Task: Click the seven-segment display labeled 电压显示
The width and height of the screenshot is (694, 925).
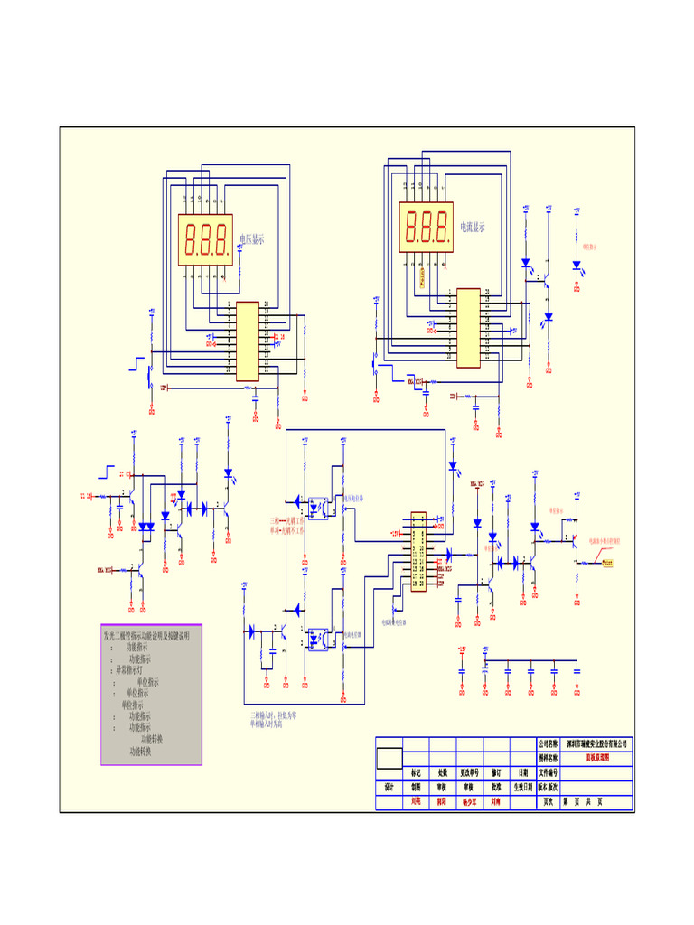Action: [205, 239]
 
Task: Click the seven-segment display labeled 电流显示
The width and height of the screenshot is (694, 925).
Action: [427, 227]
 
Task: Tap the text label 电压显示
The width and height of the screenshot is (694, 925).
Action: [252, 239]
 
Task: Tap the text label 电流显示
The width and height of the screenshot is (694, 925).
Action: [473, 228]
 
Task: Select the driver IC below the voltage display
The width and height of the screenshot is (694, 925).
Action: [247, 341]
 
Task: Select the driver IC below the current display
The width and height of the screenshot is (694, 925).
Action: [467, 328]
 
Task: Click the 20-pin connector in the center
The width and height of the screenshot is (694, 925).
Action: [418, 551]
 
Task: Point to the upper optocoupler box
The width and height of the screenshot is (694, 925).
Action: [318, 506]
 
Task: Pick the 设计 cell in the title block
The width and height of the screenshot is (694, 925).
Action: [389, 787]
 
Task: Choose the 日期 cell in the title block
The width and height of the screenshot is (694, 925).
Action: [523, 773]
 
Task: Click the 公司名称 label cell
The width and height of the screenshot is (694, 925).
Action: [549, 744]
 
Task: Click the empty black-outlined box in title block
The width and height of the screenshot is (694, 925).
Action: [389, 758]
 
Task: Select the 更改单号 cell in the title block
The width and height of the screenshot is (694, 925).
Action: [469, 773]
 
